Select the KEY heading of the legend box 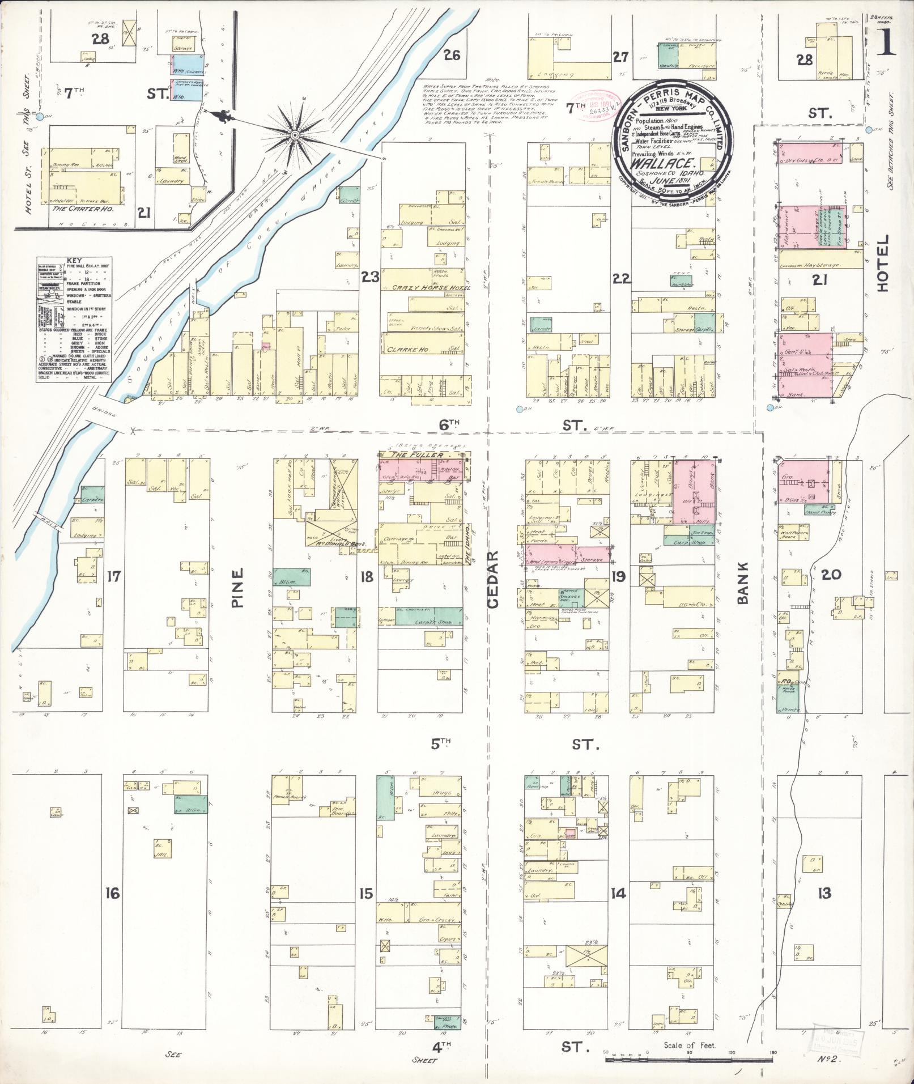[74, 260]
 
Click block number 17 [114, 577]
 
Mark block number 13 [823, 894]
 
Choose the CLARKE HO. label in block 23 [403, 349]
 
